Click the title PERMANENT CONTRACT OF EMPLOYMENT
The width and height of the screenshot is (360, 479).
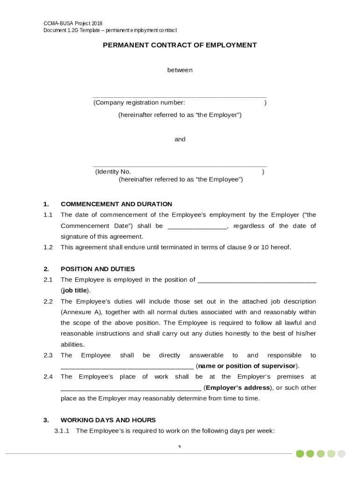coord(180,45)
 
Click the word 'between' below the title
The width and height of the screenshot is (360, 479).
coord(180,70)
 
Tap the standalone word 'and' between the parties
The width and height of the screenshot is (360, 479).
coord(180,139)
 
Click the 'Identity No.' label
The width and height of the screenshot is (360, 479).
coord(114,172)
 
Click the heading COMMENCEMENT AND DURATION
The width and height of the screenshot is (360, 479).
coord(116,204)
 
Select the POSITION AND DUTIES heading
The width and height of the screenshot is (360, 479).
coord(98,269)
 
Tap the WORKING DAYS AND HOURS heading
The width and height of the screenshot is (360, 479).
coord(108,420)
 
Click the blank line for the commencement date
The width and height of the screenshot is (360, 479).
coord(197,226)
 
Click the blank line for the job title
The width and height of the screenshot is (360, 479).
coord(257,280)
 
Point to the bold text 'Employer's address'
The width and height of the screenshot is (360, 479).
coord(238,388)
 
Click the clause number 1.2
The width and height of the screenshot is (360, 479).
coord(48,247)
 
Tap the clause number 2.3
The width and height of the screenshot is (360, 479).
coord(48,356)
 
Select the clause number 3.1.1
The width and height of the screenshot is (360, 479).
coord(62,431)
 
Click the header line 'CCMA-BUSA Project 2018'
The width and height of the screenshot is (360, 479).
coord(73,23)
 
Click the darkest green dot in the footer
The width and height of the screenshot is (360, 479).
coord(300,454)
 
